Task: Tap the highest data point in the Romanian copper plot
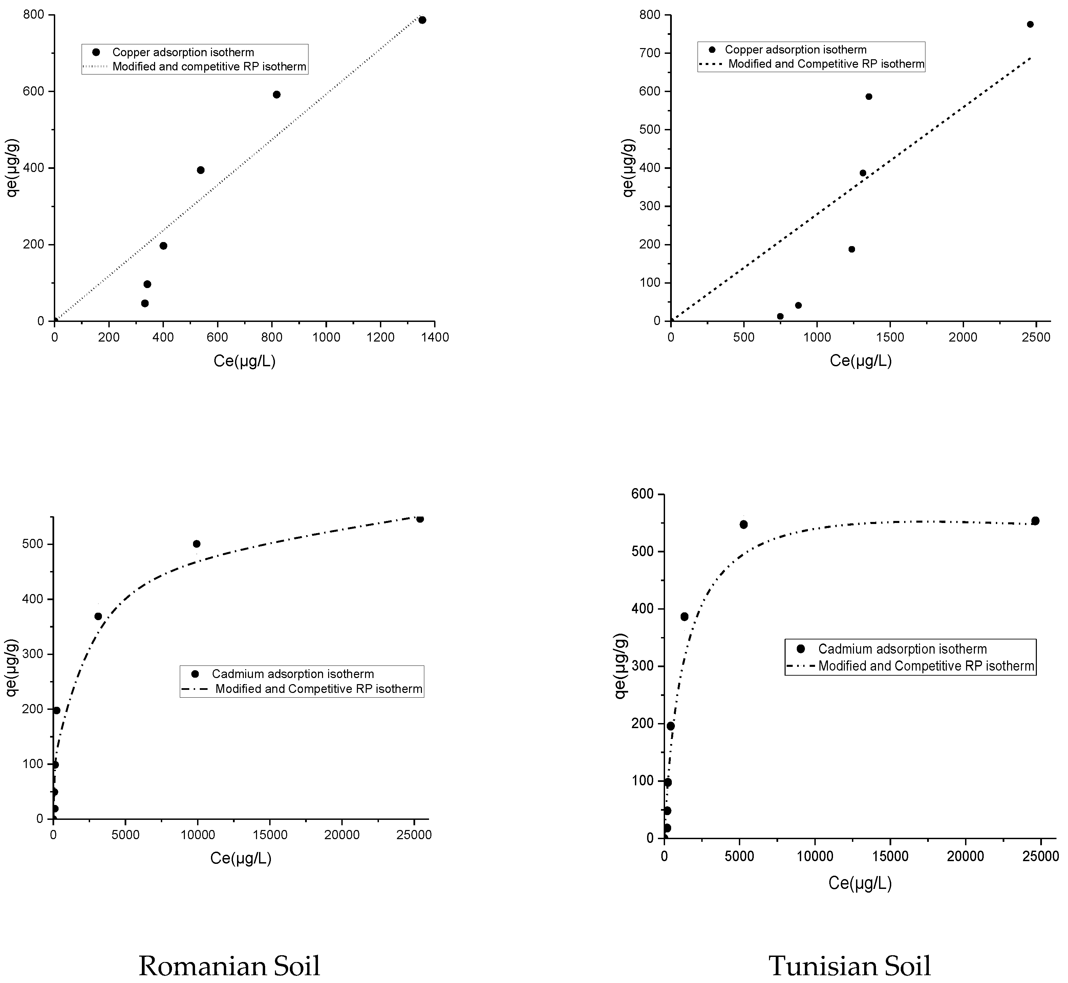[x=422, y=20]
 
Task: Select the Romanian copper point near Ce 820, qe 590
[x=276, y=95]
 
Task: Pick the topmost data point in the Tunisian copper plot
[x=1030, y=24]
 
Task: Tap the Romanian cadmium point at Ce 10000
[x=196, y=544]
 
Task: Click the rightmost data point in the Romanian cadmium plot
[x=420, y=519]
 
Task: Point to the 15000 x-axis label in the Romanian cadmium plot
[x=270, y=835]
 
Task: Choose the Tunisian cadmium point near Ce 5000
[x=743, y=524]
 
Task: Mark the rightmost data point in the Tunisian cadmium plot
[x=1035, y=521]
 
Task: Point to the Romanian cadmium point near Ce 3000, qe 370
[x=98, y=616]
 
